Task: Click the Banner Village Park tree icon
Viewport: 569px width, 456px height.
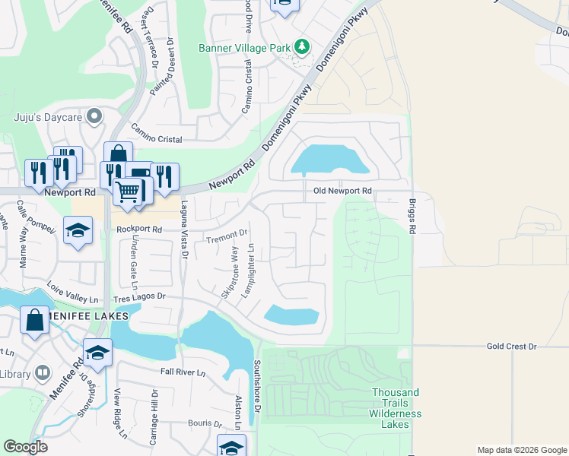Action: coord(302,47)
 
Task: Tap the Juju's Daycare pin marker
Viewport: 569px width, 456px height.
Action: coord(94,116)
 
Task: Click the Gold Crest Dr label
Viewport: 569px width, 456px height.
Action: coord(511,346)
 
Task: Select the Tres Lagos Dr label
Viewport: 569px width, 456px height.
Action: coord(139,299)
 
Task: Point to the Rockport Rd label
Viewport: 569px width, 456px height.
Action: coord(139,229)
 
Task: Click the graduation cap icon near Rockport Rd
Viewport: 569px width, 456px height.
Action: coord(78,230)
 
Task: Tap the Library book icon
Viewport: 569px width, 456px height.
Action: coord(43,373)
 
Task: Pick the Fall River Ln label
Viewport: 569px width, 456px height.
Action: coord(183,372)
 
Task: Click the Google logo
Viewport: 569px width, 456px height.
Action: coord(25,446)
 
